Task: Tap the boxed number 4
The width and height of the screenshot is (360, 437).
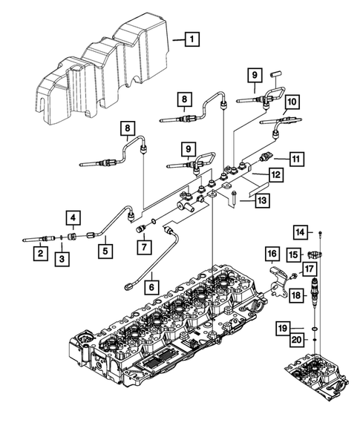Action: [x=74, y=217]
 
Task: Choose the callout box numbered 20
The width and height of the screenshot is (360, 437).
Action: [x=298, y=341]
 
